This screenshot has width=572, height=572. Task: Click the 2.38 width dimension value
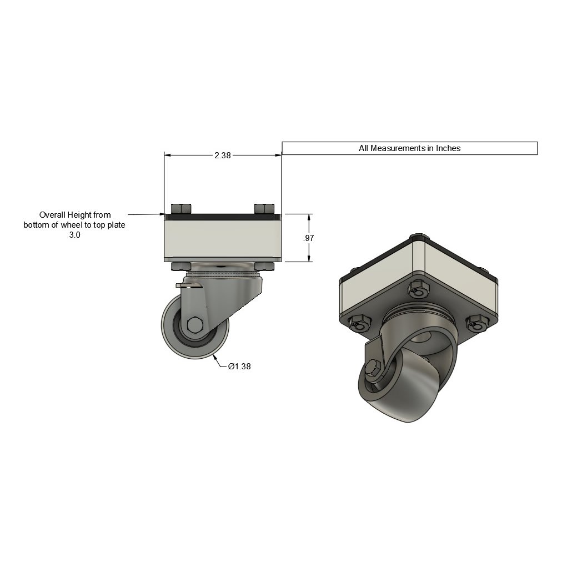(223, 155)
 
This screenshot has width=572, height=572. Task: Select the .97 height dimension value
(309, 238)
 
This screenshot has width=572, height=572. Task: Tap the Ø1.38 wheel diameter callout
(239, 367)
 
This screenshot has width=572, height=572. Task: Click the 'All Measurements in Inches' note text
(409, 148)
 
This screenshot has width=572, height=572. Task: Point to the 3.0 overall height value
(75, 235)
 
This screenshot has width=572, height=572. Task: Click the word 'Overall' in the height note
(52, 215)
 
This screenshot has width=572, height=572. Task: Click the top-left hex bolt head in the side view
(180, 209)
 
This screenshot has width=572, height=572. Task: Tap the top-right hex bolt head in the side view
(264, 209)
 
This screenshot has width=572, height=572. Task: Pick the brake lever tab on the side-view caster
(188, 285)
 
